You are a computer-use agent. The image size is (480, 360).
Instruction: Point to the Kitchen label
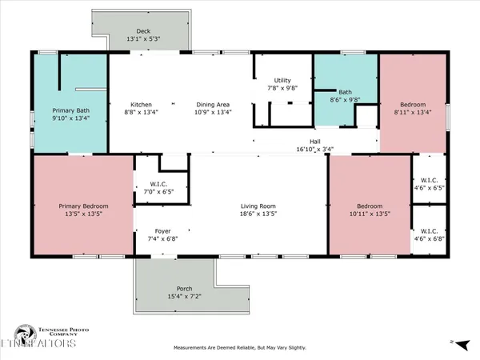point(142,104)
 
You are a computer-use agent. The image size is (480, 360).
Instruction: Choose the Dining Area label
point(214,104)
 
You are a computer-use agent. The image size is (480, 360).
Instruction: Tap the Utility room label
point(282,81)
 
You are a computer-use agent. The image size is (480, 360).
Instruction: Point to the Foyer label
point(162,229)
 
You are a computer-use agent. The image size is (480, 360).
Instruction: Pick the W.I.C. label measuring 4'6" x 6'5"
point(426,185)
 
